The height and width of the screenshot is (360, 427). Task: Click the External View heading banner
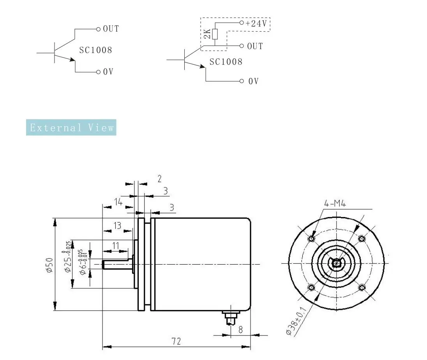[71, 128]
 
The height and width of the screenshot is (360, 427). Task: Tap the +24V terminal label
[256, 23]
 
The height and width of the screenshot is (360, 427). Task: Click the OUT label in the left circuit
[111, 29]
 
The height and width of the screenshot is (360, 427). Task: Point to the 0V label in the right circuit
[253, 81]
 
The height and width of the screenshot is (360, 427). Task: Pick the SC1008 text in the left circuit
[95, 50]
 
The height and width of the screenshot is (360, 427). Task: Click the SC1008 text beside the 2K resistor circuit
[226, 62]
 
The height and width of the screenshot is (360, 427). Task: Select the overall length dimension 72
[176, 341]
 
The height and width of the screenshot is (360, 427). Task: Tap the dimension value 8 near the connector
[240, 330]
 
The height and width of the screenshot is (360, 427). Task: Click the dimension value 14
[118, 201]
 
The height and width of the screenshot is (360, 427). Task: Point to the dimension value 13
[117, 226]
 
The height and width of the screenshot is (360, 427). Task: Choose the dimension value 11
[116, 245]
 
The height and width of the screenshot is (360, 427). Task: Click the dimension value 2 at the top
[159, 178]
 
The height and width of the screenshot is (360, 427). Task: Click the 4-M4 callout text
[335, 203]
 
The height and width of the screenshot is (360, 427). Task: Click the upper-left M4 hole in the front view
[311, 238]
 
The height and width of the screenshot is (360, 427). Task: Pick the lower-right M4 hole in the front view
[362, 288]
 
